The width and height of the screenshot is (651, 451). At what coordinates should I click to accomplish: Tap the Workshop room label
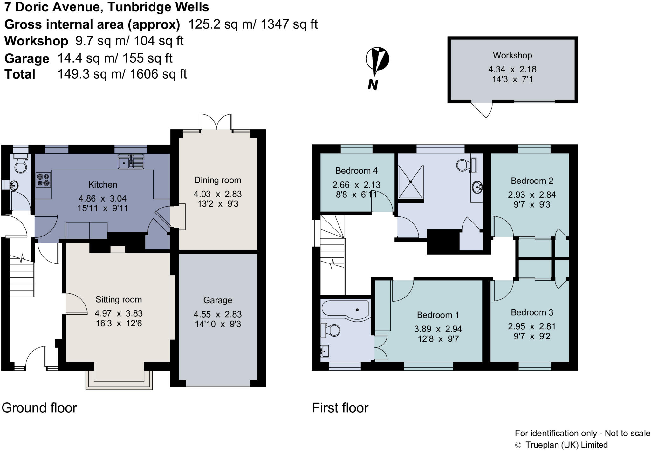(x=512, y=55)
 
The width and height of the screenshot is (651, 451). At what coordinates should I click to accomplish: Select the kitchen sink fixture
(x=131, y=161)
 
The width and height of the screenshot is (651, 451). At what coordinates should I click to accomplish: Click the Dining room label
(x=218, y=180)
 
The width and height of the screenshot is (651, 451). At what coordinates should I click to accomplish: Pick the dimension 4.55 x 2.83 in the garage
(x=218, y=314)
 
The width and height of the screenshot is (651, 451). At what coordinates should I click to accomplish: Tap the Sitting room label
(x=119, y=299)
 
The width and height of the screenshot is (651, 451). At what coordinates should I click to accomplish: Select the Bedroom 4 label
(x=356, y=171)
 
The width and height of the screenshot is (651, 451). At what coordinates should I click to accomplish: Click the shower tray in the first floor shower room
(x=411, y=182)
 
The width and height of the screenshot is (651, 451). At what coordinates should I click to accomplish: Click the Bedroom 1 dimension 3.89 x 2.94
(x=438, y=329)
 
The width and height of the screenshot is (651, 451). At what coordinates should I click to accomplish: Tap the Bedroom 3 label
(x=532, y=312)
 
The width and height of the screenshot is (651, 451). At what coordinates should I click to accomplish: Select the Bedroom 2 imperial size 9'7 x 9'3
(x=532, y=204)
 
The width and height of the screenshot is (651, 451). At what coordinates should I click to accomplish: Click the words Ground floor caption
(x=39, y=408)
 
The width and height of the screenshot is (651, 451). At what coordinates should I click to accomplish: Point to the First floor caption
(x=340, y=408)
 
